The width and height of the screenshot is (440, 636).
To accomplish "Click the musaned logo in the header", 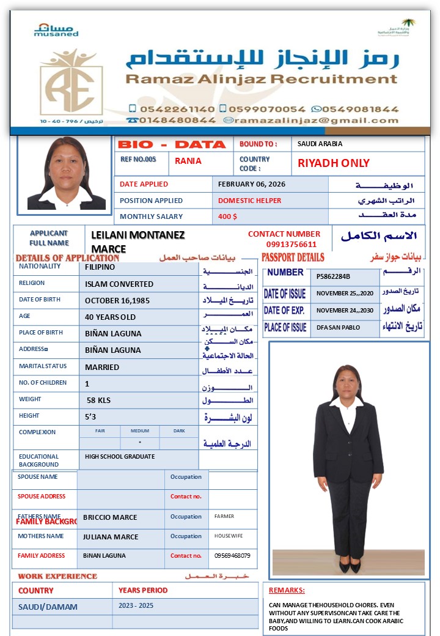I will (x=56, y=30).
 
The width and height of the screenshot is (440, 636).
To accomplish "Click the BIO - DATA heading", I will (x=172, y=145).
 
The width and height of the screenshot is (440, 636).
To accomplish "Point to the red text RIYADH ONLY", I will (x=333, y=163).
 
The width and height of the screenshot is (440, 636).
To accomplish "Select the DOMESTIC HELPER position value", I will (x=250, y=201).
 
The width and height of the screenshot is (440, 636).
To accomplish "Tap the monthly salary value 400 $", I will (x=227, y=216).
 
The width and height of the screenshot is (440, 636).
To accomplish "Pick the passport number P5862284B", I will (x=334, y=276).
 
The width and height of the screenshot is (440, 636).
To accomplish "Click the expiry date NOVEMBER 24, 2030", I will (x=345, y=311).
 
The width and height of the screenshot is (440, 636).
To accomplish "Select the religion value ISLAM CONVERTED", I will (x=119, y=284).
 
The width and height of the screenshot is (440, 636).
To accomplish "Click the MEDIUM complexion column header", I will (x=140, y=431).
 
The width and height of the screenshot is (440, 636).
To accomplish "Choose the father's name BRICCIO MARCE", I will (x=110, y=517).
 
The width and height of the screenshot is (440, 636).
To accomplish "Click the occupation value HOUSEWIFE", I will (x=229, y=536).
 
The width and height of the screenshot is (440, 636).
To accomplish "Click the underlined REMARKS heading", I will (x=287, y=591).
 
